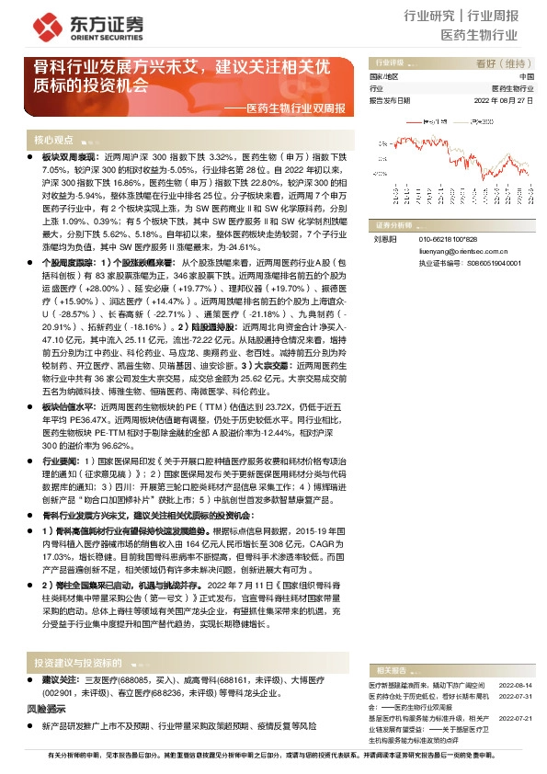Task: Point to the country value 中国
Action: [526, 76]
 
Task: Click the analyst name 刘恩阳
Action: [382, 238]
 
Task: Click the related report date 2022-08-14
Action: [516, 660]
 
